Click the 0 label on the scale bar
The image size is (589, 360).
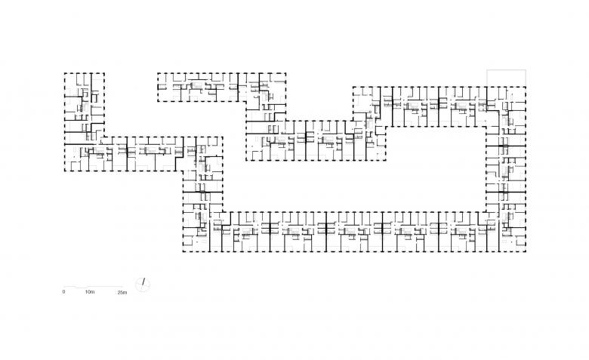[64, 291]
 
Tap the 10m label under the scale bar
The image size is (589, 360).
[89, 291]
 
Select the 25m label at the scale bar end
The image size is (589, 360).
[122, 291]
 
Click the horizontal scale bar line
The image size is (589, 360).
[94, 285]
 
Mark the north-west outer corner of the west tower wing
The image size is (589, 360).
[64, 73]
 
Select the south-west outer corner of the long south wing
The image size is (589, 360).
[182, 251]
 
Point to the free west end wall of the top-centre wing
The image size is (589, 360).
[157, 88]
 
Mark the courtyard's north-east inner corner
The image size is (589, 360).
[485, 130]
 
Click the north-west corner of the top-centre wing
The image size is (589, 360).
[157, 73]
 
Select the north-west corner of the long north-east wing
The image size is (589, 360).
[353, 87]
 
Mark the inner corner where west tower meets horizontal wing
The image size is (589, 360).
[104, 137]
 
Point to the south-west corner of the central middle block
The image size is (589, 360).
[246, 160]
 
